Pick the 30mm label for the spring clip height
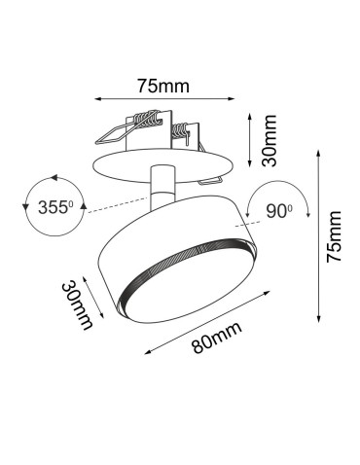point(274,139)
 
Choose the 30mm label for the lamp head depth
point(78,304)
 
